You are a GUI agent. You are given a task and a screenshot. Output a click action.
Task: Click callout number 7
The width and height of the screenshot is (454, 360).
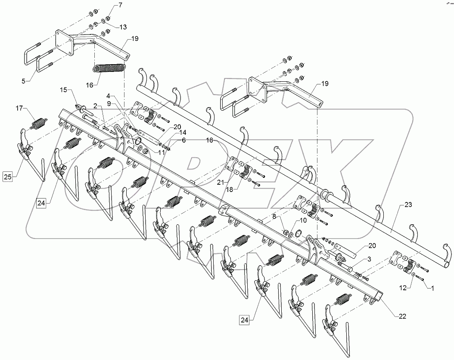(x=108, y=5)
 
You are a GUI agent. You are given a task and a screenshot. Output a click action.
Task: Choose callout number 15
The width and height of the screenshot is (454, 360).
(x=63, y=90)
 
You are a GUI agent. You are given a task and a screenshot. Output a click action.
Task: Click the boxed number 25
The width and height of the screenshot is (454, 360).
(x=8, y=176)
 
